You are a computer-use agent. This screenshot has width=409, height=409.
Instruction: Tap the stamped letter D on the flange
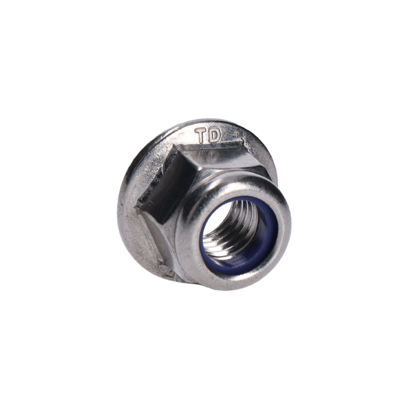pos(214,135)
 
